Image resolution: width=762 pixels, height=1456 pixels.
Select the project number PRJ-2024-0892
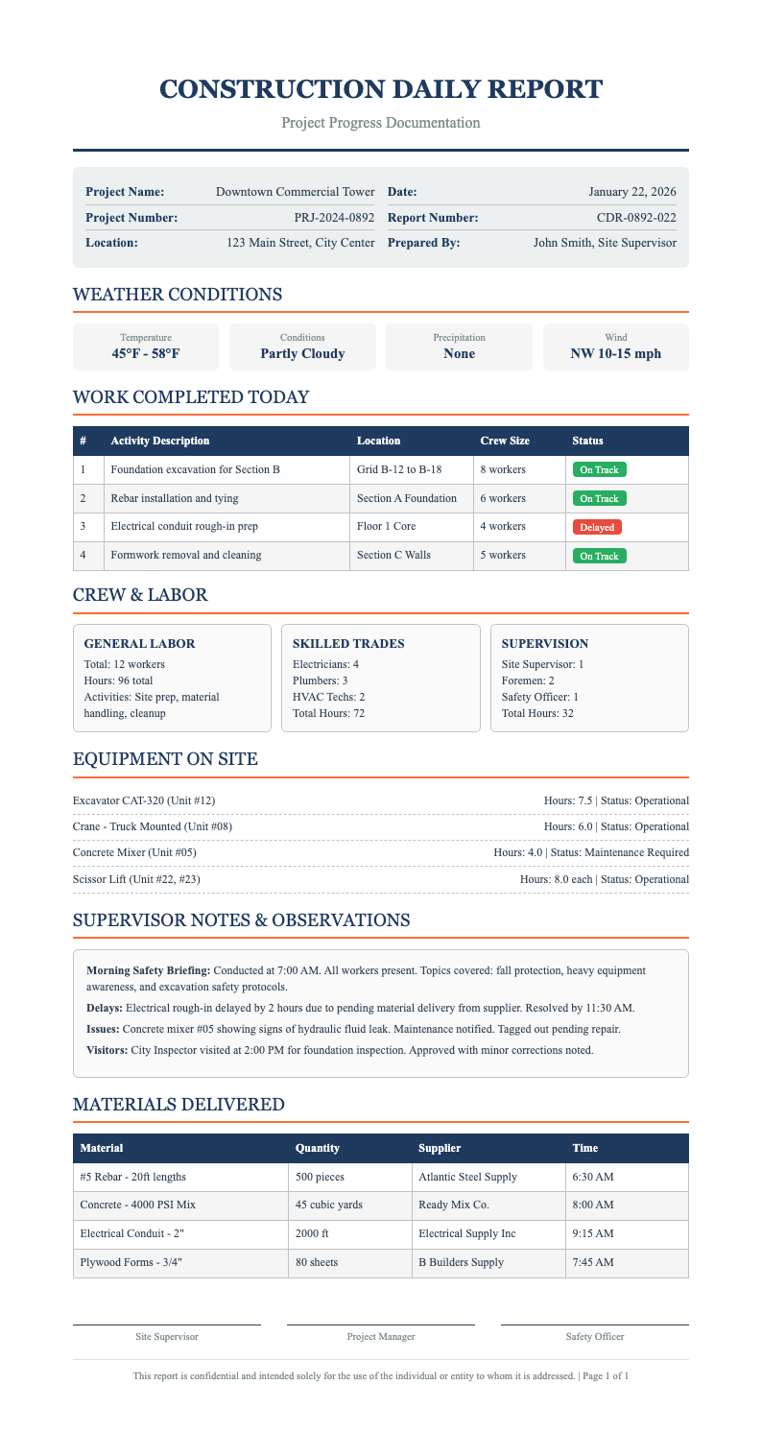[x=334, y=218]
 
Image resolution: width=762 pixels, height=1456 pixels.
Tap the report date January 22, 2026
[x=632, y=192]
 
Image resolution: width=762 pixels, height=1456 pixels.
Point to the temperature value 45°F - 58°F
[x=146, y=354]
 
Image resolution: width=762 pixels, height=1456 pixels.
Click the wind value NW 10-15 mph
[x=615, y=354]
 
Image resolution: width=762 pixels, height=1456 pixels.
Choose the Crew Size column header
[x=504, y=441]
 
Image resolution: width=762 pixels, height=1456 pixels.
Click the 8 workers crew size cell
[x=503, y=469]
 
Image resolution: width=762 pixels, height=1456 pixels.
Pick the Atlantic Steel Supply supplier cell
[x=467, y=1177]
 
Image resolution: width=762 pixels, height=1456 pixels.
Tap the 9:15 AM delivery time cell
[x=592, y=1233]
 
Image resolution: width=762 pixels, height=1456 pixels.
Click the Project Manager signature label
[x=380, y=1336]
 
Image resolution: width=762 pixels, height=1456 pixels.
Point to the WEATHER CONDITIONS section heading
[x=178, y=294]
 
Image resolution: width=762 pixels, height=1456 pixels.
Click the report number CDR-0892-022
[x=636, y=218]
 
